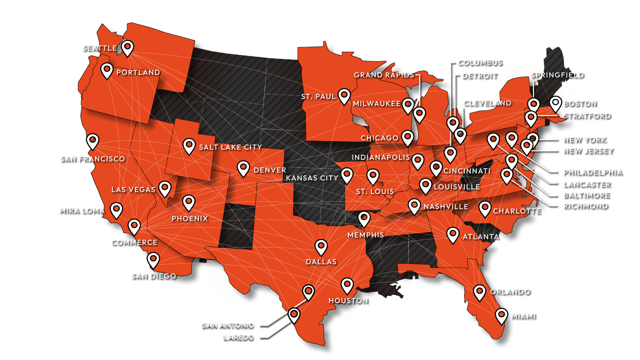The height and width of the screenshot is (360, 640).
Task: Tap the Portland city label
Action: pyautogui.click(x=138, y=72)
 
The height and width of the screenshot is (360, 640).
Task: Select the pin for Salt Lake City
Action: pyautogui.click(x=189, y=145)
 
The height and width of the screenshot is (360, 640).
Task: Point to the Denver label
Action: pyautogui.click(x=270, y=170)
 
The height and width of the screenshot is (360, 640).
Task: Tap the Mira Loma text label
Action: pyautogui.click(x=82, y=210)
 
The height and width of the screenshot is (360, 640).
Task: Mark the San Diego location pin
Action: pyautogui.click(x=153, y=259)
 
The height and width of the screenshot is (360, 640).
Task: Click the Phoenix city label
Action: pyautogui.click(x=190, y=218)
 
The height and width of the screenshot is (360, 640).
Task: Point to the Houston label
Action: pyautogui.click(x=348, y=301)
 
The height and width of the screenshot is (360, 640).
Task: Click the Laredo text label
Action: pyautogui.click(x=239, y=337)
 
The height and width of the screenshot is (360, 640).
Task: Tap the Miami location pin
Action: pyautogui.click(x=501, y=316)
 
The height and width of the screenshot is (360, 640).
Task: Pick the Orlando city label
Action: pyautogui.click(x=510, y=292)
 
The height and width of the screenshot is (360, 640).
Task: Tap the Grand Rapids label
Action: pyautogui.click(x=384, y=75)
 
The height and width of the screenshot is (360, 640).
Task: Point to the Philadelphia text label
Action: pyautogui.click(x=592, y=172)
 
